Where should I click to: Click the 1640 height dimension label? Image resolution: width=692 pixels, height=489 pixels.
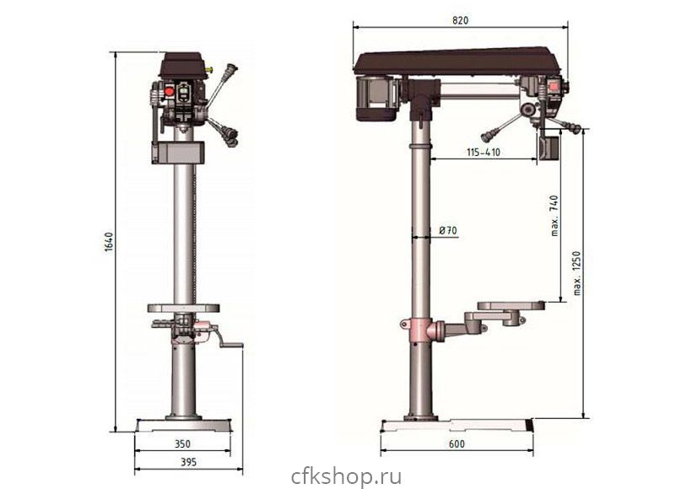110,242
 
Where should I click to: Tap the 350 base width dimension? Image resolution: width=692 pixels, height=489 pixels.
182,444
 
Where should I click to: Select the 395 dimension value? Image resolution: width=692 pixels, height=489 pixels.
188,462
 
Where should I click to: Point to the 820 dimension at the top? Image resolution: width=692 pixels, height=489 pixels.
460,20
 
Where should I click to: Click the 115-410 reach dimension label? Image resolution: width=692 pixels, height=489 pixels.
484,152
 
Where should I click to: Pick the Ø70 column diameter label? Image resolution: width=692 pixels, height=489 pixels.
448,231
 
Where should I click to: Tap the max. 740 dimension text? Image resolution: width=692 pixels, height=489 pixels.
554,216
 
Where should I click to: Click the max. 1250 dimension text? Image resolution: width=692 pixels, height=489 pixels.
577,273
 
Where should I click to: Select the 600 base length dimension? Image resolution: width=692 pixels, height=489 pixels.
457,444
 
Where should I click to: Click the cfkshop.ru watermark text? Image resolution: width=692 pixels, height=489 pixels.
347,477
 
